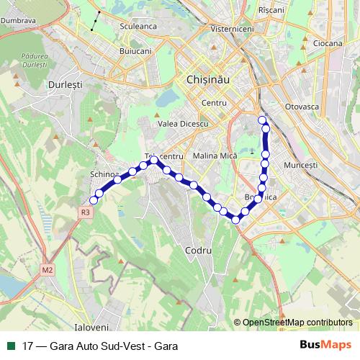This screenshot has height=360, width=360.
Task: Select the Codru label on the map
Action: (x=198, y=251)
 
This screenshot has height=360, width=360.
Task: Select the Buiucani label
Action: (x=135, y=52)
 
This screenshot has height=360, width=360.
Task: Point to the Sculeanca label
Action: (x=138, y=26)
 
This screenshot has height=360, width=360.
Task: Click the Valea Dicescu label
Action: (x=183, y=124)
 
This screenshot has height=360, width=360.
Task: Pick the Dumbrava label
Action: (x=19, y=21)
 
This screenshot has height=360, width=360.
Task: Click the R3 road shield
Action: (x=86, y=212)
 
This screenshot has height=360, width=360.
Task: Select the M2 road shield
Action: (x=48, y=270)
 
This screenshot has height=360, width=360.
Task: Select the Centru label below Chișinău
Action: (x=214, y=104)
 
